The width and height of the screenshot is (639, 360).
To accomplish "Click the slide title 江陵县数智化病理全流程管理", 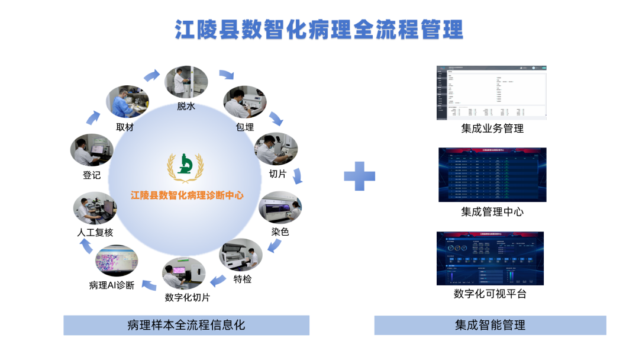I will pos(319,29).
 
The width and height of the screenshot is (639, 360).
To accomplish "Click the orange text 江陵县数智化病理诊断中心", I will pos(188,195).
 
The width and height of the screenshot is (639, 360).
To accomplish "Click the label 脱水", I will pos(186,107).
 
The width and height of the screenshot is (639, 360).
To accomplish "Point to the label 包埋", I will pos(244,127).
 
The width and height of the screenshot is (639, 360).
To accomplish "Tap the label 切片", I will pos(277,173).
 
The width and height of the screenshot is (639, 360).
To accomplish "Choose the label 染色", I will pos(280,232).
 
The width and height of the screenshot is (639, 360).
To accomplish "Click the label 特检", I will pos(242,279).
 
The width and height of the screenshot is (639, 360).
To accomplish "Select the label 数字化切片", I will pos(187,297).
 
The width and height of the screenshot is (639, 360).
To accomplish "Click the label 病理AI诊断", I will pos(112,285).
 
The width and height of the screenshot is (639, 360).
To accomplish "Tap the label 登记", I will pos(92,175).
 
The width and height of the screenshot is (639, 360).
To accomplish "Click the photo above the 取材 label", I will pos(128,102).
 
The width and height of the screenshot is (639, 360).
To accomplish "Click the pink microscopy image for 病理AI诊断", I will pos(117,261).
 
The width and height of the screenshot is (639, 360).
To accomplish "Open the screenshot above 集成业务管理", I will pos(491,92).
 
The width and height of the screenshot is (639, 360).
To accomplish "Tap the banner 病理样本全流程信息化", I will pos(186,325).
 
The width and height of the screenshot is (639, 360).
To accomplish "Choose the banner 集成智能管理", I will pos(490,325).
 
